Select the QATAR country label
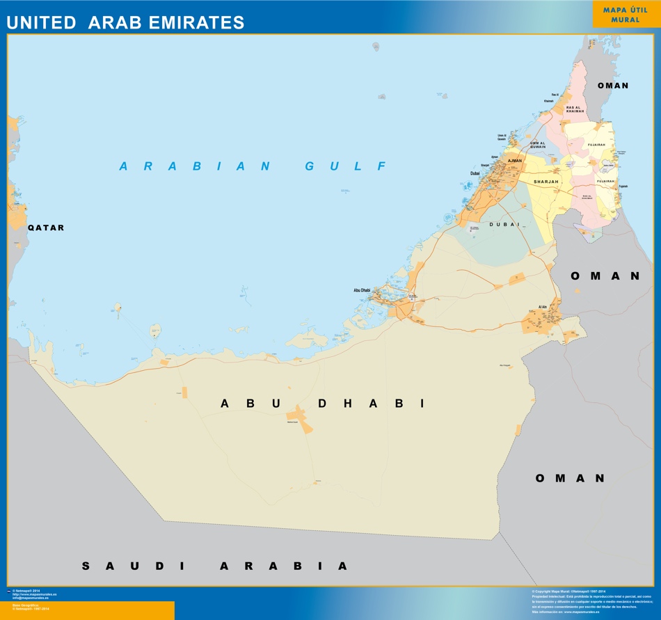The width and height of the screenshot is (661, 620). click(x=46, y=228)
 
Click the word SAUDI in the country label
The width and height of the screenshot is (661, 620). click(x=133, y=566)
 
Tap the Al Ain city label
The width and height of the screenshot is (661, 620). click(x=543, y=307)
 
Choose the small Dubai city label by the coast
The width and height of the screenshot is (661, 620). click(x=475, y=173)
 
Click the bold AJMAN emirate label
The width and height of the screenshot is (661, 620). click(x=515, y=161)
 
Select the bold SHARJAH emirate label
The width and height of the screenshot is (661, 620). click(x=546, y=182)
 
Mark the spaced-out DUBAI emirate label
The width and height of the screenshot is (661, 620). click(x=504, y=224)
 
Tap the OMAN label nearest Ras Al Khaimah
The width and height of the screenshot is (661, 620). click(x=613, y=86)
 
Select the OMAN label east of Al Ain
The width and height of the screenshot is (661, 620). click(x=605, y=276)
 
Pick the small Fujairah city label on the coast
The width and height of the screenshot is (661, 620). click(x=623, y=186)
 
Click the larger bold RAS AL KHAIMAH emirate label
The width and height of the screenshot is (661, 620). click(x=575, y=109)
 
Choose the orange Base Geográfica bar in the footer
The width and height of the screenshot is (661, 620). click(x=87, y=610)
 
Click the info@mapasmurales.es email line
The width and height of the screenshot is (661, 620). click(x=31, y=598)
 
